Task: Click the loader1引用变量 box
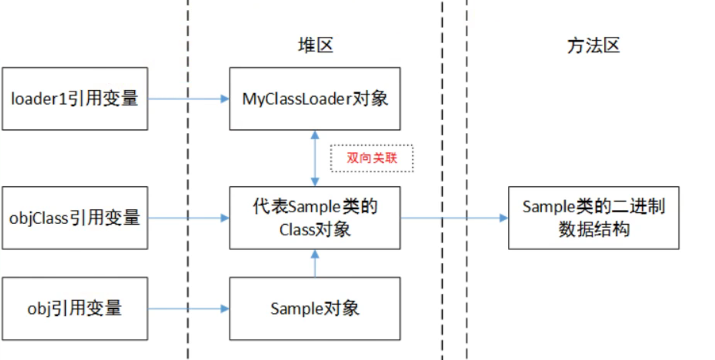(75, 98)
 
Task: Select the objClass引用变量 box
(75, 218)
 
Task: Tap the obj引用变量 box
(75, 309)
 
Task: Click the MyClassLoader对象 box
(315, 98)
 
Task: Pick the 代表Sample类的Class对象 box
(315, 218)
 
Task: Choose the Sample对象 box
(315, 309)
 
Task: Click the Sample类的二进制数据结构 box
(593, 218)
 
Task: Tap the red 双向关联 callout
(372, 158)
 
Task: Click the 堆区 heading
(315, 46)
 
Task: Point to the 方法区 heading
(593, 46)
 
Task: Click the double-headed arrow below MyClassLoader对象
(315, 158)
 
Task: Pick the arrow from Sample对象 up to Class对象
(315, 263)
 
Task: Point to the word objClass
(39, 218)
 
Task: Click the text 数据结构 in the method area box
(593, 229)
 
